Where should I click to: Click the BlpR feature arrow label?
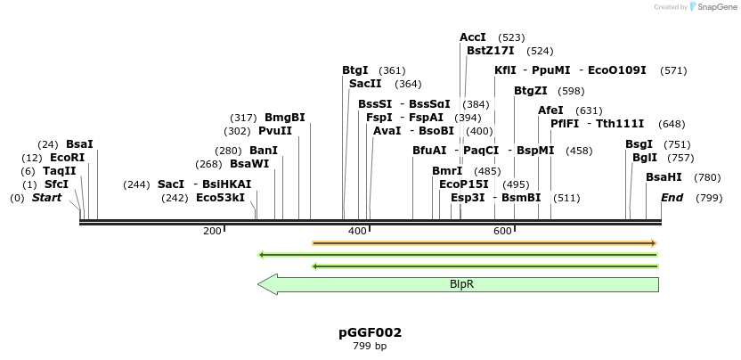click(x=461, y=284)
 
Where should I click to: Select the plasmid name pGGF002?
click(x=370, y=333)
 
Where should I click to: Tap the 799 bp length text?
click(x=370, y=347)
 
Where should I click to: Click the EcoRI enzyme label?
click(x=67, y=158)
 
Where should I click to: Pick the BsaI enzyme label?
click(x=79, y=143)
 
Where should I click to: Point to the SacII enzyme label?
click(x=365, y=84)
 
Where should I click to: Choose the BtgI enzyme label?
click(x=355, y=70)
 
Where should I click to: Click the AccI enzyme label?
click(x=473, y=37)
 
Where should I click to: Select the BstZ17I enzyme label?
click(x=491, y=51)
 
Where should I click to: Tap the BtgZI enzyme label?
click(x=531, y=91)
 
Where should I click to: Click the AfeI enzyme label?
click(x=550, y=110)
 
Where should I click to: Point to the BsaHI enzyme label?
click(x=664, y=177)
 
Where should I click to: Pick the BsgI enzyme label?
click(x=639, y=143)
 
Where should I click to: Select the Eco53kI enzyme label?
click(x=220, y=198)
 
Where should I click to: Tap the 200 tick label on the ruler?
click(x=212, y=232)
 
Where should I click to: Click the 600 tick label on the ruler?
click(x=502, y=232)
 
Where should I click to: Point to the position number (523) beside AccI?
click(x=511, y=37)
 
